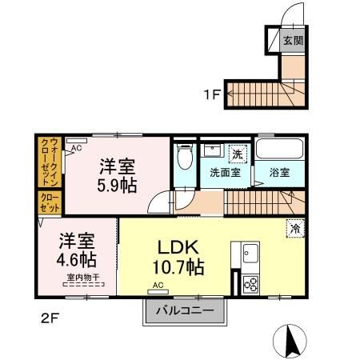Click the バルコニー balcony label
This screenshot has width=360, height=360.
click(x=184, y=310)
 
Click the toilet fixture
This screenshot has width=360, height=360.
click(x=185, y=155)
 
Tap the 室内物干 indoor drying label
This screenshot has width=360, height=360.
click(x=82, y=278)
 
